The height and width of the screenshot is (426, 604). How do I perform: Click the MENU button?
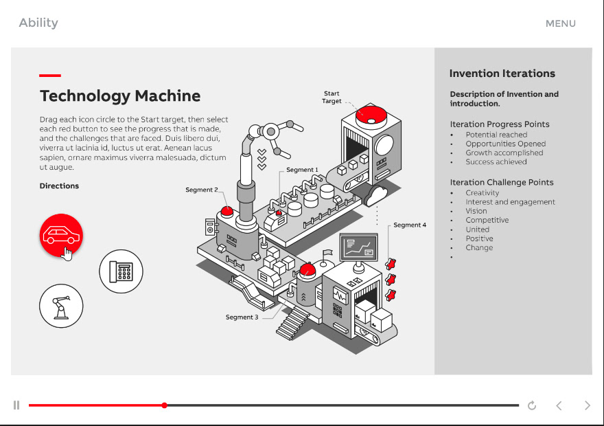pyautogui.click(x=560, y=23)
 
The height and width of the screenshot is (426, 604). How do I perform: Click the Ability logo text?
pyautogui.click(x=38, y=23)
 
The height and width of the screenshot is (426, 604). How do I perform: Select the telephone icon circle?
pyautogui.click(x=121, y=271)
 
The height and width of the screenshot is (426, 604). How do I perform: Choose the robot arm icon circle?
pyautogui.click(x=61, y=306)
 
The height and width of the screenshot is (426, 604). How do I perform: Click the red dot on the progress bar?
pyautogui.click(x=165, y=405)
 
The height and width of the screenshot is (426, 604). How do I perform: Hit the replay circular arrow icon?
pyautogui.click(x=532, y=405)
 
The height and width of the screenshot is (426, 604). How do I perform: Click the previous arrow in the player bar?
pyautogui.click(x=559, y=405)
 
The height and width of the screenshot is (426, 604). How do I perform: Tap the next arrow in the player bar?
pyautogui.click(x=587, y=405)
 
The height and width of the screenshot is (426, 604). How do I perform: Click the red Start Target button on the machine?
pyautogui.click(x=371, y=114)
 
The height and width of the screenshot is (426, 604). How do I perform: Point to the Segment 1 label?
pyautogui.click(x=302, y=170)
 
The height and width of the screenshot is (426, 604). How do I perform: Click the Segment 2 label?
pyautogui.click(x=202, y=190)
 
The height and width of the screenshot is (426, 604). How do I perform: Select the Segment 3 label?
pyautogui.click(x=242, y=317)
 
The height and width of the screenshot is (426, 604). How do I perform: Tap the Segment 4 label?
pyautogui.click(x=410, y=225)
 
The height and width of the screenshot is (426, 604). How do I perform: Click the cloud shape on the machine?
pyautogui.click(x=377, y=195)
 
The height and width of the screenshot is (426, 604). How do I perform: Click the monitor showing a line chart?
pyautogui.click(x=358, y=247)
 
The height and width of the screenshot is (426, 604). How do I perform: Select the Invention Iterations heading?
pyautogui.click(x=502, y=74)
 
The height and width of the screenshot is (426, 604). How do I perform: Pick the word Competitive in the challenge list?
pyautogui.click(x=487, y=221)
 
